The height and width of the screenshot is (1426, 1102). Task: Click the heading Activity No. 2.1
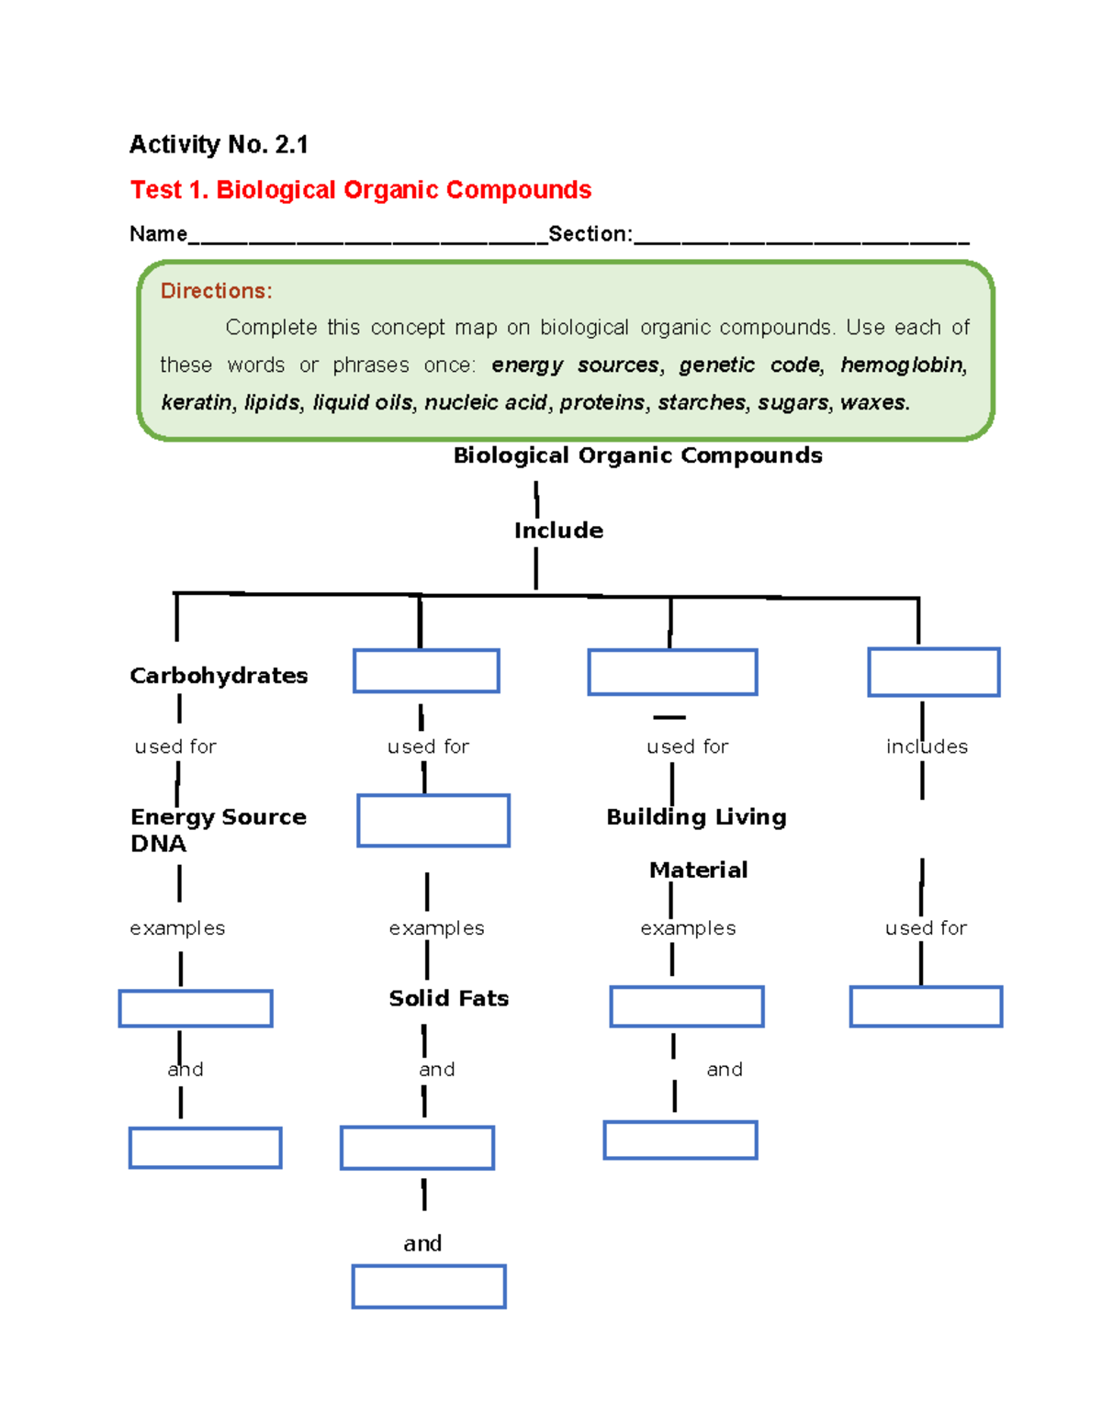coord(219,144)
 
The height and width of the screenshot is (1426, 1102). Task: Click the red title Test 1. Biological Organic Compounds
coord(360,190)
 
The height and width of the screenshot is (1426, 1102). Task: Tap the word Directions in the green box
coord(216,291)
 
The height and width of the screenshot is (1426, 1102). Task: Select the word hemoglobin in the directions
coord(903,365)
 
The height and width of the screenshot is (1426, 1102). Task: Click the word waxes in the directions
coord(879,402)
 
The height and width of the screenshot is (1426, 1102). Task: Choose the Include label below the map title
coord(558,531)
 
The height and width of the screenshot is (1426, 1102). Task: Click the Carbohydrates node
coord(219,676)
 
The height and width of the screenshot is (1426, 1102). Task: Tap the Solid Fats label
coord(448,998)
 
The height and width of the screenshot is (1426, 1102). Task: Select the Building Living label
coord(696,817)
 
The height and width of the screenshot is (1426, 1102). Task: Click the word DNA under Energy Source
coord(158,844)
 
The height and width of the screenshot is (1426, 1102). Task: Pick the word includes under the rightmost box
coord(927,747)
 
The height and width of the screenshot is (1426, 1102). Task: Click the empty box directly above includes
coord(933,672)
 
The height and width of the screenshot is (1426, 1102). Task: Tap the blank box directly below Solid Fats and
coord(417,1148)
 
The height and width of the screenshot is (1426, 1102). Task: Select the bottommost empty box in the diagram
coord(429,1286)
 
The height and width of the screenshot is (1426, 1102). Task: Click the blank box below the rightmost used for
coord(926,1006)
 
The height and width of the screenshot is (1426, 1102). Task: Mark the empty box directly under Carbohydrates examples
coord(196,1008)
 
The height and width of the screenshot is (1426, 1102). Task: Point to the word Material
coord(698,870)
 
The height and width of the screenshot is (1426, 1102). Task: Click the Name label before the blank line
coord(158,234)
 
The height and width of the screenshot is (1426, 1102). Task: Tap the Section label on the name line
coord(589,234)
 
